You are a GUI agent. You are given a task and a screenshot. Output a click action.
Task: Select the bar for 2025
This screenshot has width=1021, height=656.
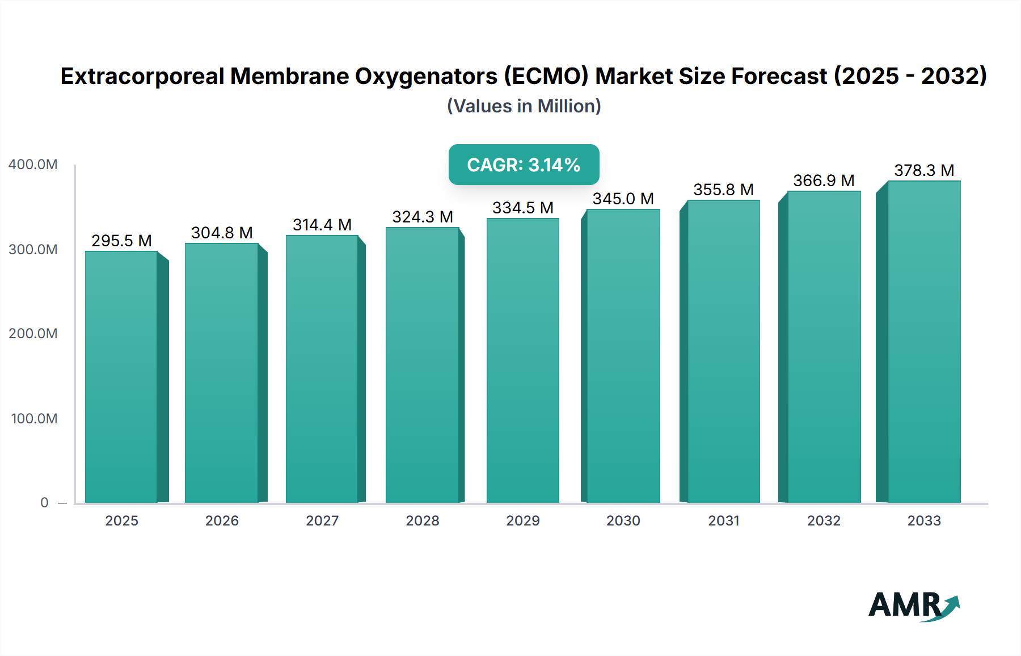(x=121, y=377)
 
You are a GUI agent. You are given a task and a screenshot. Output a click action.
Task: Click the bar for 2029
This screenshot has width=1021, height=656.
(x=522, y=361)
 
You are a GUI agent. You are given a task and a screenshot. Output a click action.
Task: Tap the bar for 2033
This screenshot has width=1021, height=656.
(x=923, y=342)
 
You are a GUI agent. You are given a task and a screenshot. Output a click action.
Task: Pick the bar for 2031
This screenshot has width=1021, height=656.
(x=723, y=352)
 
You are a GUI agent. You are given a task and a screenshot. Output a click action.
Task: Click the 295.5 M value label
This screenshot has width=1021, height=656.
(x=121, y=241)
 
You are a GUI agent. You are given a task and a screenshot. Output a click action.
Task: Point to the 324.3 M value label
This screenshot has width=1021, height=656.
(x=423, y=217)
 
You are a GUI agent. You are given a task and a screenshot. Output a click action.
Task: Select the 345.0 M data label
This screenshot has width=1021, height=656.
(x=623, y=199)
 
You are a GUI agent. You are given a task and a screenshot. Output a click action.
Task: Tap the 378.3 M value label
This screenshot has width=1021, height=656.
(x=924, y=170)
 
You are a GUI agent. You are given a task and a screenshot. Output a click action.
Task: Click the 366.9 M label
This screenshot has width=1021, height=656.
(x=824, y=180)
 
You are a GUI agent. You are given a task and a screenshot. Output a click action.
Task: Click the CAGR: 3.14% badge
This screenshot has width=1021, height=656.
(x=524, y=165)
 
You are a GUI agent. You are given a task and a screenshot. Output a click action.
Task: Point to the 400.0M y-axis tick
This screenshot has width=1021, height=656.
(x=33, y=165)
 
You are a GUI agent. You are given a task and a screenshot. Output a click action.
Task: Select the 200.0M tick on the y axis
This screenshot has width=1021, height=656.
(x=33, y=334)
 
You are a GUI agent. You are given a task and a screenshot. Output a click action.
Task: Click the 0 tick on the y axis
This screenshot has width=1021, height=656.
(x=44, y=503)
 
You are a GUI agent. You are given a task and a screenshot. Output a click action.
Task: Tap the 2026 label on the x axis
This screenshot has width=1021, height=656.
(x=222, y=521)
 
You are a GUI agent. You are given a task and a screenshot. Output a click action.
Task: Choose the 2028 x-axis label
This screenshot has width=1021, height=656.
(x=423, y=521)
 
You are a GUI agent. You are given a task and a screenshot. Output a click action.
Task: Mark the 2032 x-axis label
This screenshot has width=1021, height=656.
(x=824, y=521)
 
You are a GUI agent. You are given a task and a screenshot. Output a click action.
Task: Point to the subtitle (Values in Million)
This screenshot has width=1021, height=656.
(x=524, y=106)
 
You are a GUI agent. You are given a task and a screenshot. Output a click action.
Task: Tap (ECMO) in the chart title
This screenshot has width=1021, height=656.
(x=547, y=76)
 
